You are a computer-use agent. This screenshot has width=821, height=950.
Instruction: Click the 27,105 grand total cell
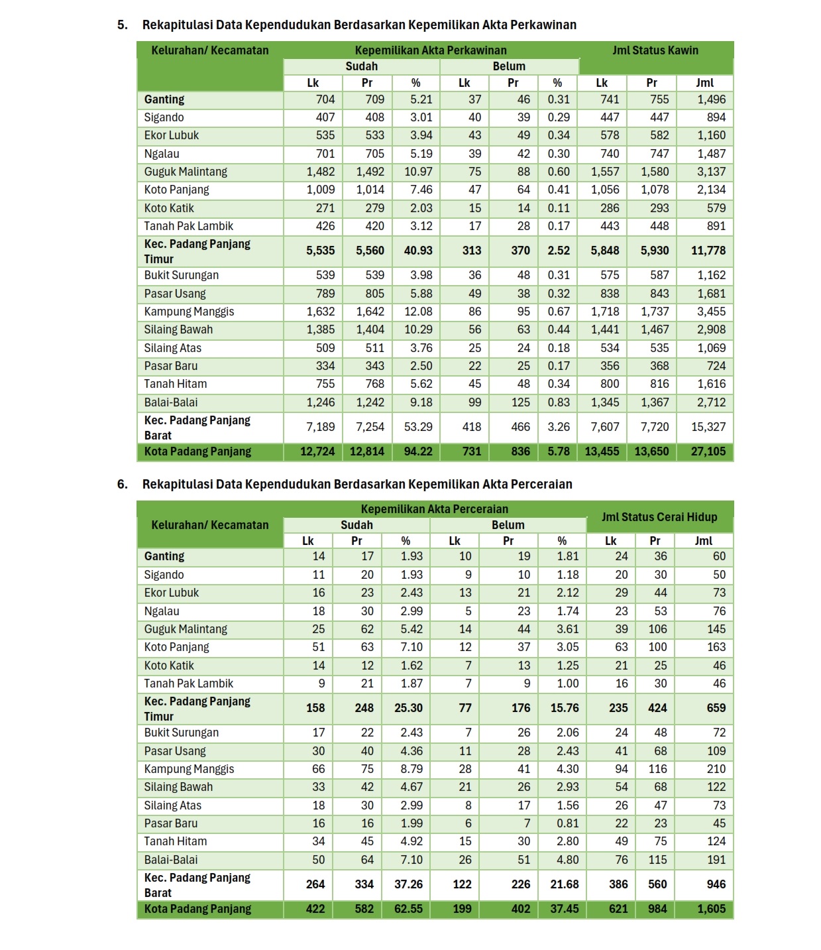(708, 451)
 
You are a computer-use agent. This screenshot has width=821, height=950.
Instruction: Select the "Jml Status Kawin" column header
(655, 50)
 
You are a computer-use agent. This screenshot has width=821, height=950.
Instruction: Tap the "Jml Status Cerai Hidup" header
(659, 517)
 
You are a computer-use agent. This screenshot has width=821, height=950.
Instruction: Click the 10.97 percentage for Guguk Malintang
(418, 172)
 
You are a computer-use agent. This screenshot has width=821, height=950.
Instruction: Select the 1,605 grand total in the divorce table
(711, 909)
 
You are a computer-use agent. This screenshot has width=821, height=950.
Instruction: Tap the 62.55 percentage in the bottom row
(408, 909)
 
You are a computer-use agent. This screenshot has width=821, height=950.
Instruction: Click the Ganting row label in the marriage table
(164, 99)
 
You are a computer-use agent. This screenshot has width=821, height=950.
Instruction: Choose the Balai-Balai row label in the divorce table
(171, 860)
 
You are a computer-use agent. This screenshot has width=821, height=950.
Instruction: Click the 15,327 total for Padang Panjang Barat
(708, 427)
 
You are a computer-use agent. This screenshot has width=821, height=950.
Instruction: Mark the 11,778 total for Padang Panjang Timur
(708, 251)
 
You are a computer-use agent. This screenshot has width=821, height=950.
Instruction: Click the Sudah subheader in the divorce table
(356, 525)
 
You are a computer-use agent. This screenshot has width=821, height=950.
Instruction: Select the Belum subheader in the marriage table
(509, 66)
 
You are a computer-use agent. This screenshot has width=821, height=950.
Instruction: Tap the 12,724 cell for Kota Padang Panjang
(317, 451)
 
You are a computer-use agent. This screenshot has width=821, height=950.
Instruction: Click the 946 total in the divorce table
(716, 884)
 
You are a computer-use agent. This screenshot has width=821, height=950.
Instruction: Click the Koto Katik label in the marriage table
(169, 208)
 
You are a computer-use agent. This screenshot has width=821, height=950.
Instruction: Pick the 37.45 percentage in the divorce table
(564, 909)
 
